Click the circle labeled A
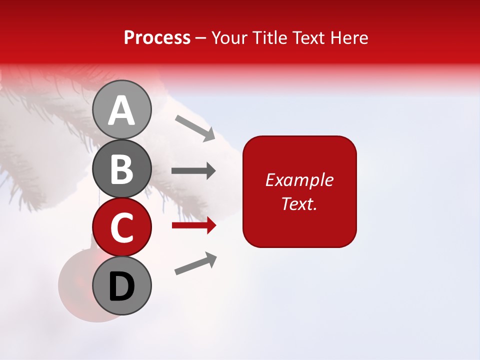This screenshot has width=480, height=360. click(121, 109)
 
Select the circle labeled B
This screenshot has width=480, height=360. click(121, 168)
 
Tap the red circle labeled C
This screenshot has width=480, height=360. click(121, 227)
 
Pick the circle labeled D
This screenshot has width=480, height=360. click(121, 285)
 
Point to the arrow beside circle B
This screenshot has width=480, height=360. click(193, 171)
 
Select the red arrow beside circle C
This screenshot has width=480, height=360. click(194, 226)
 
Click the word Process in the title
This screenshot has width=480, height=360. click(157, 37)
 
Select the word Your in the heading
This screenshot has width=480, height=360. click(229, 37)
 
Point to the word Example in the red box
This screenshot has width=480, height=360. click(299, 180)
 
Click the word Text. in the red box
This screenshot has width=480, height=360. click(299, 203)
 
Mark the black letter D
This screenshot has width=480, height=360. click(121, 287)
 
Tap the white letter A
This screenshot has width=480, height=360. click(121, 110)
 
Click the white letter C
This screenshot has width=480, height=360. click(121, 228)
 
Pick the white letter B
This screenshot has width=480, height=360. click(121, 169)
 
